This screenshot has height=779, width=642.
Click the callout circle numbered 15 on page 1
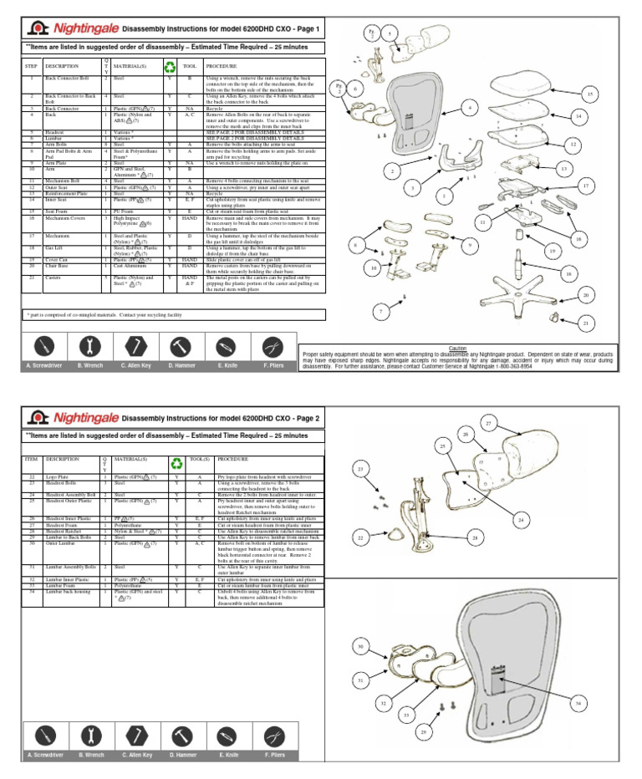[589, 95]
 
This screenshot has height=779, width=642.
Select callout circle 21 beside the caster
[586, 323]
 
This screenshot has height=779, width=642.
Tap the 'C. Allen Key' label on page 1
[135, 365]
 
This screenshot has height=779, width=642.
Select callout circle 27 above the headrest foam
[487, 425]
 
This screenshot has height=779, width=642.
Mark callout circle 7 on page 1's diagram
[382, 312]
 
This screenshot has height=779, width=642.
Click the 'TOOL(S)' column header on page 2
[199, 459]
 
